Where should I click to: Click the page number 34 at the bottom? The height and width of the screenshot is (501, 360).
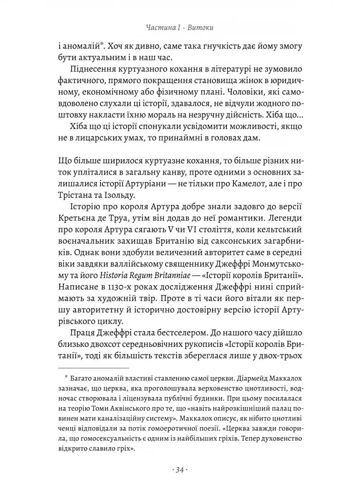pos(180,471)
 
